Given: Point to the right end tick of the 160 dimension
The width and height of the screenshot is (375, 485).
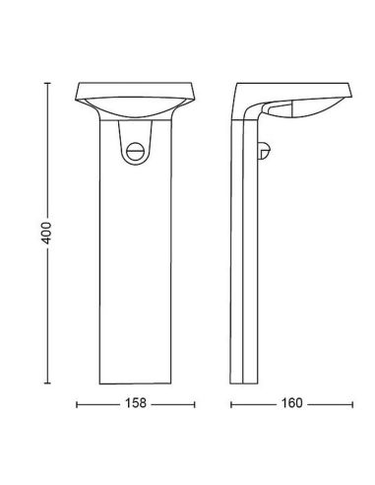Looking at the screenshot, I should [352, 403].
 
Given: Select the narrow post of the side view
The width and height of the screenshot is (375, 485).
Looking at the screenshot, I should [244, 266].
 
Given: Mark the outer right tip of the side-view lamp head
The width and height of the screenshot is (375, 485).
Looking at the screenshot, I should [351, 87].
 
